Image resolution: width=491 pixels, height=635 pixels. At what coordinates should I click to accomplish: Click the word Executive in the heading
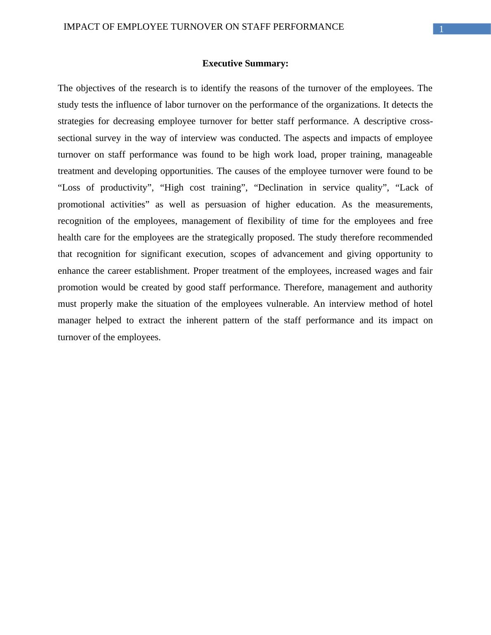[x=222, y=63]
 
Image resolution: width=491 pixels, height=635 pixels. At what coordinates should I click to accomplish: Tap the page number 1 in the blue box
[x=441, y=29]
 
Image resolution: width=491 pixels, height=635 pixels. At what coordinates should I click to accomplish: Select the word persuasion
[x=225, y=205]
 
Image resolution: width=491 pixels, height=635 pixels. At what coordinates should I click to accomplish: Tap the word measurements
[x=404, y=205]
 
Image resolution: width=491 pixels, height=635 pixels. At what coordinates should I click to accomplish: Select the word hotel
[x=423, y=304]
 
